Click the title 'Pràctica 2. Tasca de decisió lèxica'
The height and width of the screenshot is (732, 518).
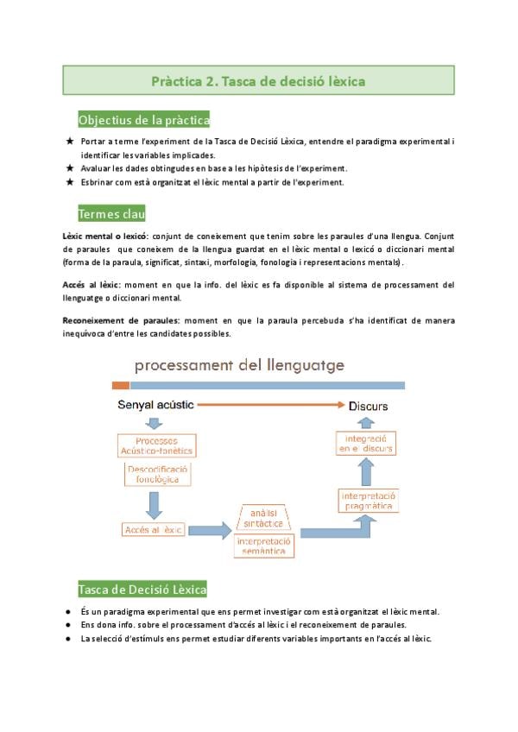[x=258, y=81]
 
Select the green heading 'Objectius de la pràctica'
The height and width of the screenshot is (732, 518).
[x=144, y=120]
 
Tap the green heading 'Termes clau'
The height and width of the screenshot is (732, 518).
[x=111, y=213]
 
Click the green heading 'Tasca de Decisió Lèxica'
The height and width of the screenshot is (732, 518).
[x=142, y=589]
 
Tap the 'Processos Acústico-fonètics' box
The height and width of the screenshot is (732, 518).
[x=156, y=445]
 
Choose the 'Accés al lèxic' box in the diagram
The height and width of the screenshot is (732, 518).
[x=153, y=529]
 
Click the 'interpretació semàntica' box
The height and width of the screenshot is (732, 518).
[x=263, y=546]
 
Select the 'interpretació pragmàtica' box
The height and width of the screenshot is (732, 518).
[x=368, y=502]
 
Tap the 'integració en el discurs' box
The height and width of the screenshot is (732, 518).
[x=365, y=445]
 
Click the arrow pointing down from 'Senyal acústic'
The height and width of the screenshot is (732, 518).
[x=155, y=423]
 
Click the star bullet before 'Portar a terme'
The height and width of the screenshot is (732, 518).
[x=69, y=140]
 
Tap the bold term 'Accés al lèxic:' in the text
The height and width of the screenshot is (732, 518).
[x=91, y=284]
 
